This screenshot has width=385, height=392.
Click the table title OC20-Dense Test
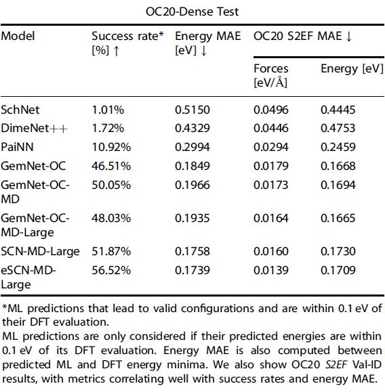click(192, 12)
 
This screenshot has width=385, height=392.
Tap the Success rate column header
click(127, 36)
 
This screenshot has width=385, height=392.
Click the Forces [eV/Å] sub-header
click(270, 74)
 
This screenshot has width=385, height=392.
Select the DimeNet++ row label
click(28, 127)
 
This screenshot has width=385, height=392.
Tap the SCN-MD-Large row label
click(40, 251)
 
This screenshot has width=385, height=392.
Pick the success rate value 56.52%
click(111, 270)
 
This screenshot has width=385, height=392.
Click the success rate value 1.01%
click(107, 108)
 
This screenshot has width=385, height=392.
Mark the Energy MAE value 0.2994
click(192, 146)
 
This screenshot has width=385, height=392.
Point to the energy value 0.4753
click(338, 127)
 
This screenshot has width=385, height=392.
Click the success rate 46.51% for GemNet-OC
click(111, 165)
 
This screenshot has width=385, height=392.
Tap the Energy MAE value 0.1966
click(192, 184)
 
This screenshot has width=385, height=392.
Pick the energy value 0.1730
click(338, 251)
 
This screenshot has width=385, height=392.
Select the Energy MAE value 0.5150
click(192, 108)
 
